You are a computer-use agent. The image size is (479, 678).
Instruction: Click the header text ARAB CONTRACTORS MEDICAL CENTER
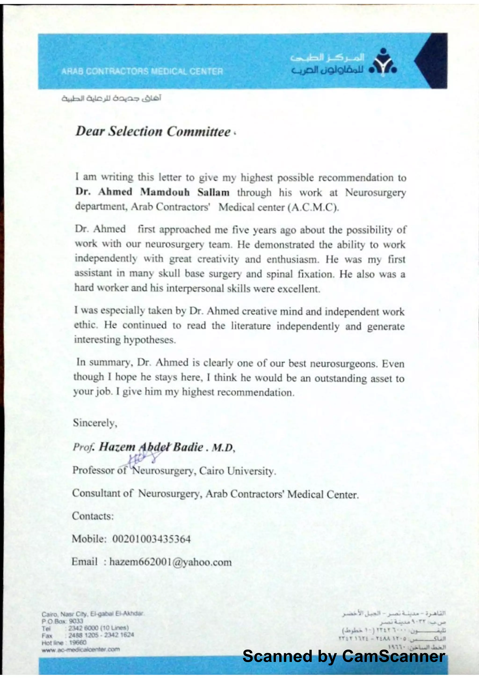142,71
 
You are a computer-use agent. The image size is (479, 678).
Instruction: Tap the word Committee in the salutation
198,132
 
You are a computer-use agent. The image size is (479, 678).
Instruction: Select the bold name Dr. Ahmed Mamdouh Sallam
152,192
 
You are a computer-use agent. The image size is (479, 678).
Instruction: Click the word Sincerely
95,423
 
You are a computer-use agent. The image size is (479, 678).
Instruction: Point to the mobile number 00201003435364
151,539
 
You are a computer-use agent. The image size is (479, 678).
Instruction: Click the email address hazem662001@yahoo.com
170,562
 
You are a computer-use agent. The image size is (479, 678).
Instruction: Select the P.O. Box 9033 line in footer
62,621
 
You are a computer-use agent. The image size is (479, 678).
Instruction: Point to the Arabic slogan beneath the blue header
111,98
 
